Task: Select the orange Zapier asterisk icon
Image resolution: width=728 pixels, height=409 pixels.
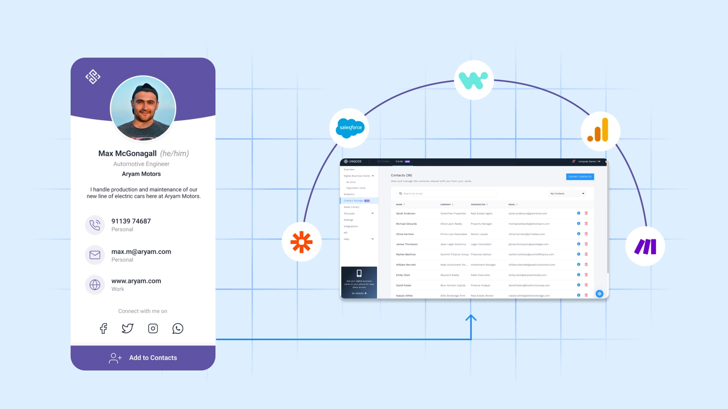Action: coord(301,242)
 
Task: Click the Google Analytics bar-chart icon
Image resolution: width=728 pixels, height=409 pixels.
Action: coord(598,131)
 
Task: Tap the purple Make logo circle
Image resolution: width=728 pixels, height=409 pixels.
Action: coord(645,246)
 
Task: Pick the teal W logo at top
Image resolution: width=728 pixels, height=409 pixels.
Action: coord(473,80)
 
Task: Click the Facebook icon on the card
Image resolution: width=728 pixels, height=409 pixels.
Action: coord(104,328)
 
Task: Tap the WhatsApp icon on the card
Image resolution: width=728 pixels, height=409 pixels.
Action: coord(178,328)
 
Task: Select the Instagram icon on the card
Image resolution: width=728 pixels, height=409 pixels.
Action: coord(153,328)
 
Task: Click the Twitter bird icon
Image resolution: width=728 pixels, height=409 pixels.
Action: coord(127,328)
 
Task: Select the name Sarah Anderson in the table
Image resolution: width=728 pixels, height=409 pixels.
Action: coord(406,213)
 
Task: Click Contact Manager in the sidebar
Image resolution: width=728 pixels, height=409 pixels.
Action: coord(354,201)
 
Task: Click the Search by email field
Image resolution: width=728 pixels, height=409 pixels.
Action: coord(446,194)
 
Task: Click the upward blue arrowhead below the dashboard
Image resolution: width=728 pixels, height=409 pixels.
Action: coord(471,318)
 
